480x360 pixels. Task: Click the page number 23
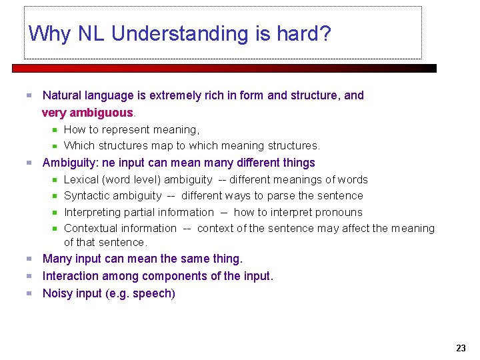coord(461,348)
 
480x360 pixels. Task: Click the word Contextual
coord(91,229)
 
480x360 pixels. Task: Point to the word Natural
coord(63,95)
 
